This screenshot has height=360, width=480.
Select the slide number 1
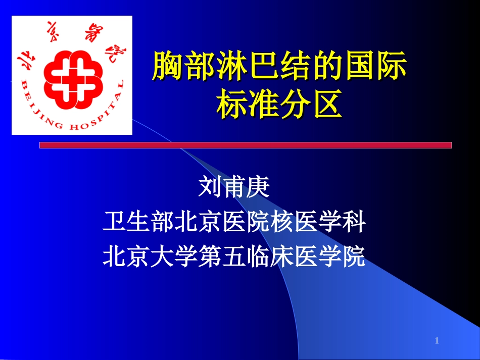click(x=437, y=341)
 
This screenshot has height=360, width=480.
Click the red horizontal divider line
click(x=246, y=145)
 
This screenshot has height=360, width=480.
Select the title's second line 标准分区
click(x=277, y=103)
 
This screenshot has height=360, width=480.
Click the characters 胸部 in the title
click(x=178, y=68)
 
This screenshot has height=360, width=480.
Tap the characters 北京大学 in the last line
click(x=150, y=256)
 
